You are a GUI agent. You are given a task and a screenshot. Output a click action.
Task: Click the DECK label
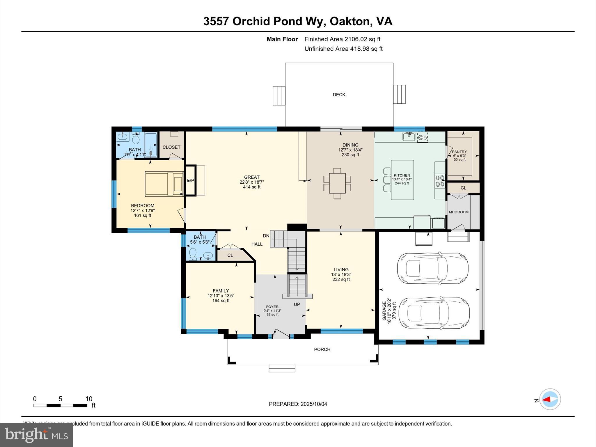[x=339, y=95]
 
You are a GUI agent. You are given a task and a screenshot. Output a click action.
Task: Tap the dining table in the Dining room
[x=337, y=183]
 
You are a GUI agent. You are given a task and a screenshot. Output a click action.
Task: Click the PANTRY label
[x=459, y=152]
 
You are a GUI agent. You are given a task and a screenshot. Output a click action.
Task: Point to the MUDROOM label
[x=459, y=212]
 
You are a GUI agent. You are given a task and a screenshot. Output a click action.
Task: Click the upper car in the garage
[x=433, y=268]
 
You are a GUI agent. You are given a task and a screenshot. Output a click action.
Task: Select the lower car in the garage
[x=434, y=313]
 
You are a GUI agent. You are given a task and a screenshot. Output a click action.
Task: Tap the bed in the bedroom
[x=164, y=184]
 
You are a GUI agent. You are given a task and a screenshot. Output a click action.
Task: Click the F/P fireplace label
[x=191, y=181]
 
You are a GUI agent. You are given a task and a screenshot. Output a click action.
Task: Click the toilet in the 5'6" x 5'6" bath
[x=193, y=254]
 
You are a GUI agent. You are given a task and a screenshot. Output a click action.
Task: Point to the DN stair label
[x=266, y=236]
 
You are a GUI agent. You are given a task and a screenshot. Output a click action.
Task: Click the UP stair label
[x=297, y=304]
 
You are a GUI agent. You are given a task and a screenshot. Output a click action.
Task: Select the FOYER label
[x=272, y=307]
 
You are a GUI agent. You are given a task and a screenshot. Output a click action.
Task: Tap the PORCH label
[x=322, y=350]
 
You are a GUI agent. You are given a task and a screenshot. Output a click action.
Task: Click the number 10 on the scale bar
[x=89, y=399]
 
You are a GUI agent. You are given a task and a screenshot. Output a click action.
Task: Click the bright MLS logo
[x=36, y=435]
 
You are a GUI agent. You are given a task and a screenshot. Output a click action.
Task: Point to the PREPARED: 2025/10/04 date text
[x=298, y=404]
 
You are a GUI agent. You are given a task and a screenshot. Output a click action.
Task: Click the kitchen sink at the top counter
[x=409, y=136]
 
